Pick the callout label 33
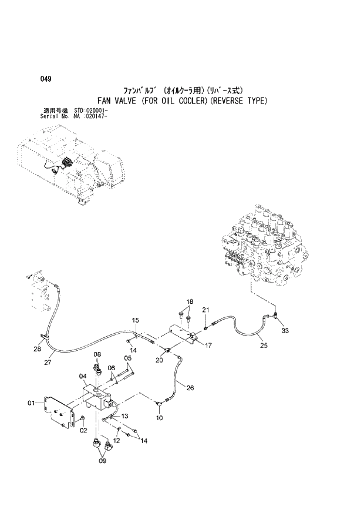[x=285, y=331]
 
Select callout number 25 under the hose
[x=263, y=346]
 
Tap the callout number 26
[x=190, y=387]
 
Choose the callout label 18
[x=189, y=302]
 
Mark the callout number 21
[x=205, y=310]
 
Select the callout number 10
[x=159, y=418]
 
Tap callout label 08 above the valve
[x=97, y=354]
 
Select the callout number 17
[x=208, y=345]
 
